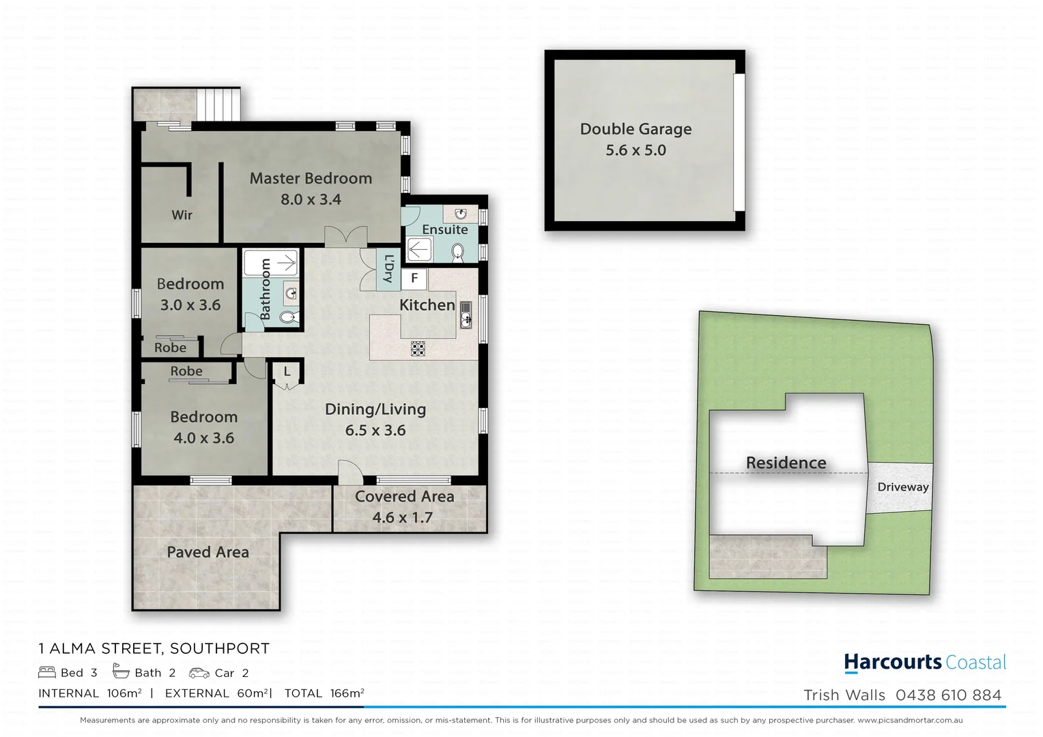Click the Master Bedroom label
(311, 178)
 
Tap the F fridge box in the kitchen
(414, 278)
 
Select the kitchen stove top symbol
(418, 349)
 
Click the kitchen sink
(466, 315)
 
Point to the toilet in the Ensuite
(459, 253)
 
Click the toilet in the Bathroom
(289, 317)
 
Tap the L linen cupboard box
(287, 373)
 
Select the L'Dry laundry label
(388, 268)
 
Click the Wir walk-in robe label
(182, 215)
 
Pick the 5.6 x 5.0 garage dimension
(635, 150)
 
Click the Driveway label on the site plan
(902, 487)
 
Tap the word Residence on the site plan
(786, 463)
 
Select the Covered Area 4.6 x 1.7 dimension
(402, 518)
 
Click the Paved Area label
(208, 552)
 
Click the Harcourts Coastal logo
(925, 663)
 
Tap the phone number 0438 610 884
(948, 695)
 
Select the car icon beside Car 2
(199, 673)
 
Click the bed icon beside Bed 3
(46, 673)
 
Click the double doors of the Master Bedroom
(345, 238)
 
